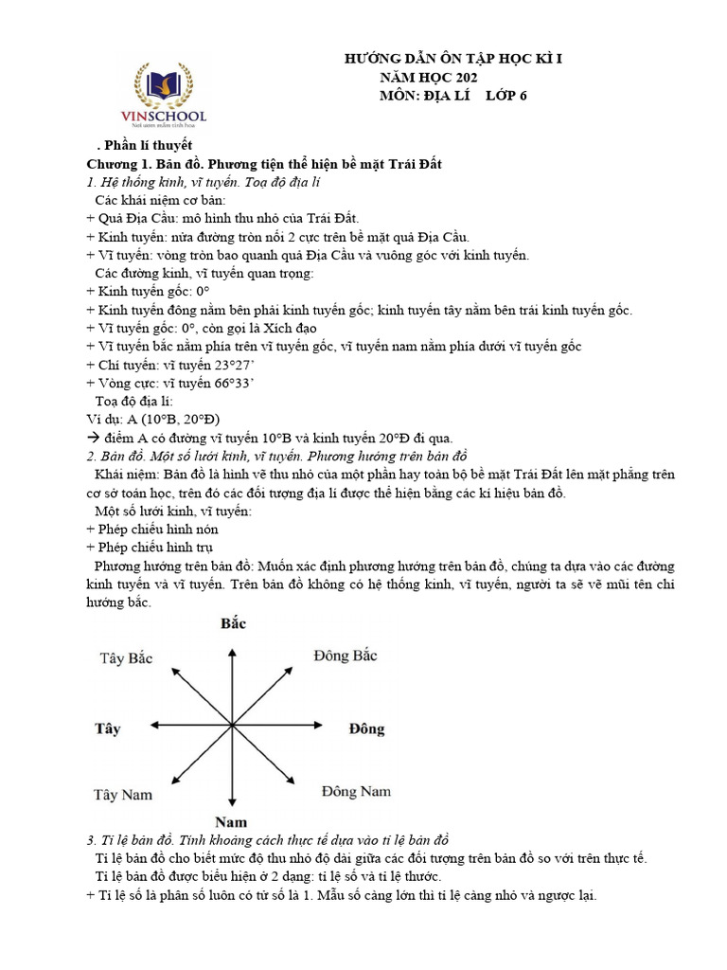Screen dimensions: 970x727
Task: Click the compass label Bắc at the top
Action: point(233,623)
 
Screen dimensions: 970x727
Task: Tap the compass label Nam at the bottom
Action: point(231,821)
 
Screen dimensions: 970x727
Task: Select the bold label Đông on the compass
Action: point(366,728)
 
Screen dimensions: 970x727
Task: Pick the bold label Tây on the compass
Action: point(108,728)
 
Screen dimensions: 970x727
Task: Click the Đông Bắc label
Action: point(346,656)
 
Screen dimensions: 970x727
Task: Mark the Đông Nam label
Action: point(355,791)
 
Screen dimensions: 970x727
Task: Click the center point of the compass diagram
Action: point(232,726)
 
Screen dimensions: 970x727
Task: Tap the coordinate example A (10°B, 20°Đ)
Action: point(167,419)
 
